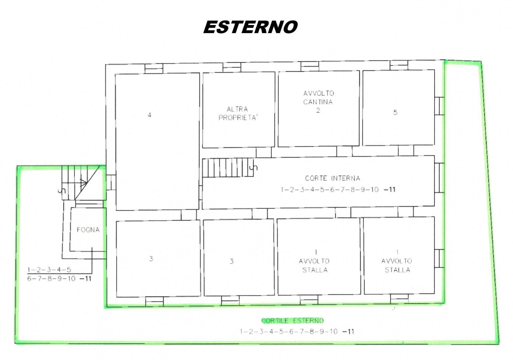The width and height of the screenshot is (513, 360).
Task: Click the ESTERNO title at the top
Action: (250, 27)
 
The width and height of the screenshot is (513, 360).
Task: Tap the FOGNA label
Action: (88, 230)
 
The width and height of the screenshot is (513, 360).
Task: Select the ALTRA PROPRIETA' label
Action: (238, 113)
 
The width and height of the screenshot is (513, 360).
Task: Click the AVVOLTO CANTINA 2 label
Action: (318, 102)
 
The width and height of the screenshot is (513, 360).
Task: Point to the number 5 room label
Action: (395, 112)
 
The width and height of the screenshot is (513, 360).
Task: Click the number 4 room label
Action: (150, 115)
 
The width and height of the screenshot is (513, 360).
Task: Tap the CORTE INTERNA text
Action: (333, 178)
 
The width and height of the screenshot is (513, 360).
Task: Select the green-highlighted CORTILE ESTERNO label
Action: (293, 320)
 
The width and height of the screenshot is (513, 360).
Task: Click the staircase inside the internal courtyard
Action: (228, 167)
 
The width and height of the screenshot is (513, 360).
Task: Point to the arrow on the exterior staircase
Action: (83, 183)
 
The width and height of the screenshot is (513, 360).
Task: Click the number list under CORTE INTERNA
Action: (338, 190)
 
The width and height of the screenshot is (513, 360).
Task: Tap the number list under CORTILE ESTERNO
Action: (297, 331)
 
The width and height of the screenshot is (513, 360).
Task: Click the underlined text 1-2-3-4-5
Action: (49, 270)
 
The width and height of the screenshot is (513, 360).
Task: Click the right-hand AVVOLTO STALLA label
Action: (397, 261)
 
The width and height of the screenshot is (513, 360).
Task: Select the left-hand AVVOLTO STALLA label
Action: (314, 261)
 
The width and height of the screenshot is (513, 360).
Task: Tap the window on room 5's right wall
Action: (439, 106)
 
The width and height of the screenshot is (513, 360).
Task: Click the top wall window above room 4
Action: (154, 68)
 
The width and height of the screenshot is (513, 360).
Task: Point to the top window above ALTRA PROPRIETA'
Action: (232, 67)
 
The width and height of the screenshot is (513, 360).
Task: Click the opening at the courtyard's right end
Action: (439, 178)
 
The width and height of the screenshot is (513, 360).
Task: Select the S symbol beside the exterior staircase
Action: (62, 191)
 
